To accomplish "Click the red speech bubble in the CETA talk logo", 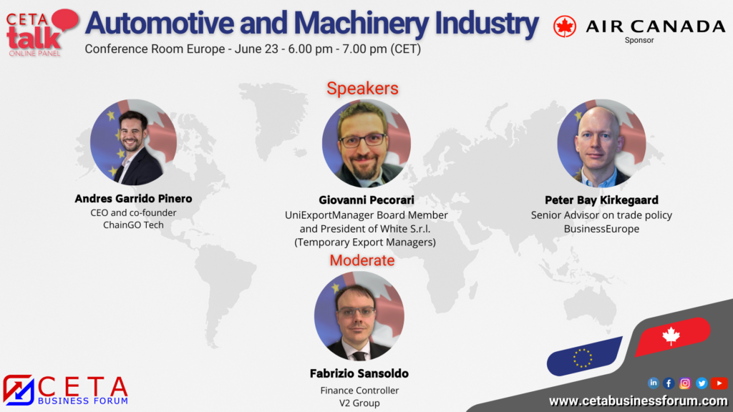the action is (64, 20).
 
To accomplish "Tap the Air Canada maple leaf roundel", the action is (565, 26).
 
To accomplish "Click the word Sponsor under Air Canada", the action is (639, 41).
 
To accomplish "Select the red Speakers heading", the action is (362, 88).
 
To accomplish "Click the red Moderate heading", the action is (362, 260).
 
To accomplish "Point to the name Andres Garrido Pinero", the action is (133, 199).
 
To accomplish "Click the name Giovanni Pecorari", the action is (366, 200).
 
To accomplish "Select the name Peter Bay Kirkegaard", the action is (601, 200).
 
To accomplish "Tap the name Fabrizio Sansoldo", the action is (359, 373).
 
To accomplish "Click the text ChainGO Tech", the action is (133, 225).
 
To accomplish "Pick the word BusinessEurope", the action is (601, 229).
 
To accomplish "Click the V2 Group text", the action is (359, 403).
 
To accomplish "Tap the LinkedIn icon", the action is (653, 383).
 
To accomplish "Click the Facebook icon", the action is (669, 383).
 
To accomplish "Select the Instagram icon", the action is (685, 383).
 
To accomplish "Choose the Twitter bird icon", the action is (702, 383).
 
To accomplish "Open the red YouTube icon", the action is (719, 383).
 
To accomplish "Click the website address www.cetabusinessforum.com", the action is (638, 401).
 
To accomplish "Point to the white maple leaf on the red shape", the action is (671, 336).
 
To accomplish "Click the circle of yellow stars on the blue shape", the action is (583, 358).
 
